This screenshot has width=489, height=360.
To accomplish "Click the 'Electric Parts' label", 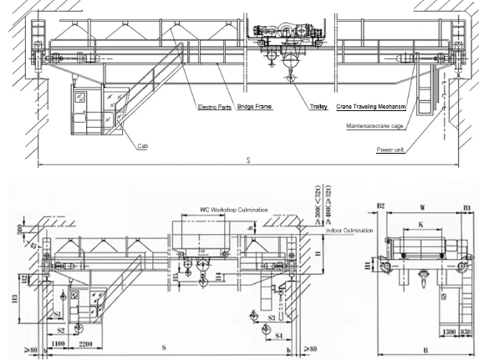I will point(214,108).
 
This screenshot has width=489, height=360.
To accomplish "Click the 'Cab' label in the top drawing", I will point(145,145).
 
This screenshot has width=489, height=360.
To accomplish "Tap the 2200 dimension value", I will point(85,343).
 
